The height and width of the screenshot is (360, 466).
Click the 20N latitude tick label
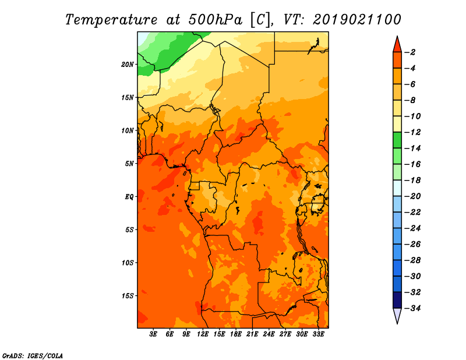point(128,65)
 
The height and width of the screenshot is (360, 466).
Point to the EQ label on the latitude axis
point(129,197)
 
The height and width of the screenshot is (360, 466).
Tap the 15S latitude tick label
point(128,296)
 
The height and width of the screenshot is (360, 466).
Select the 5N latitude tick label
point(129,164)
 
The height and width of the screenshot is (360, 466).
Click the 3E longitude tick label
point(153,334)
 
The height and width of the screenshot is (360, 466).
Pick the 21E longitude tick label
point(252,334)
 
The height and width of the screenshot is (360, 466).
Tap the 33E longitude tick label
point(318,334)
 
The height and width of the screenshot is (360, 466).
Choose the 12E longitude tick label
point(203,334)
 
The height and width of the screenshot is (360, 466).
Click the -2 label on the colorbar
point(411,52)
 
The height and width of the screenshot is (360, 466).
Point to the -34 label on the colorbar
point(413,308)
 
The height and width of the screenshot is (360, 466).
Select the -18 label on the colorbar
point(413,181)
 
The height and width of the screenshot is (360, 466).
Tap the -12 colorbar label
point(413,132)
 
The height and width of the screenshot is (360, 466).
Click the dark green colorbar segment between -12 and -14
point(397,140)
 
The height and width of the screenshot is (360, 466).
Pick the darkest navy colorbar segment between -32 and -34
point(397,300)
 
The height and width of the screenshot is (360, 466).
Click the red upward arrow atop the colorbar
point(397,45)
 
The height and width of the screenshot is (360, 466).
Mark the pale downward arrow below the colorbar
point(397,315)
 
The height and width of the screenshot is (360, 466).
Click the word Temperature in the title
point(111,20)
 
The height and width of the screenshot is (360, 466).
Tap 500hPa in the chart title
point(215,20)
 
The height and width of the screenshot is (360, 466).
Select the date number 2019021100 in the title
point(357,20)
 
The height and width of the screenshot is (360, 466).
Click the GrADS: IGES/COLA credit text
point(33,356)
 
